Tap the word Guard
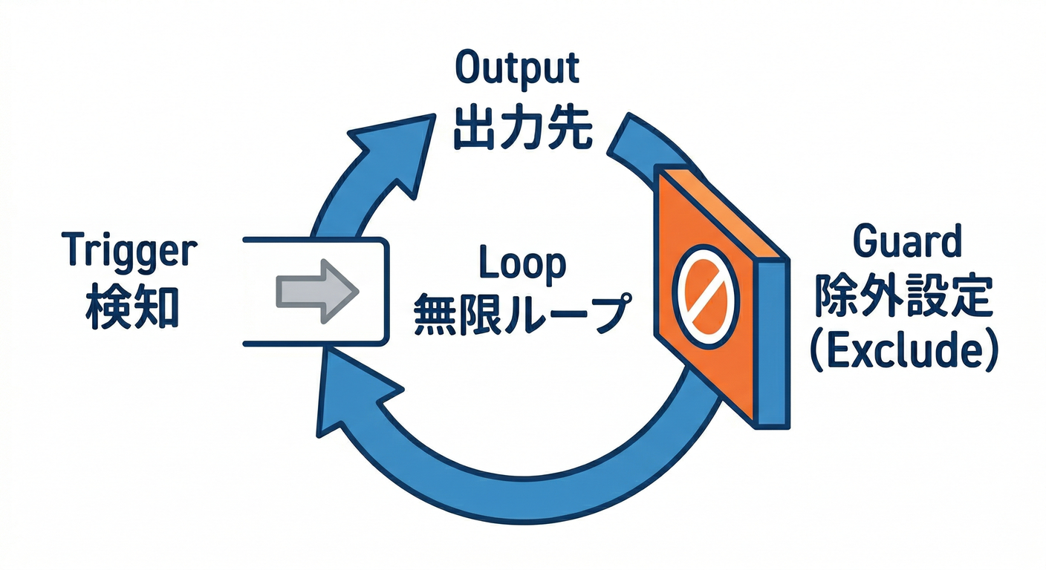coord(907,244)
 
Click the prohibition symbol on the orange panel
coord(706,292)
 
